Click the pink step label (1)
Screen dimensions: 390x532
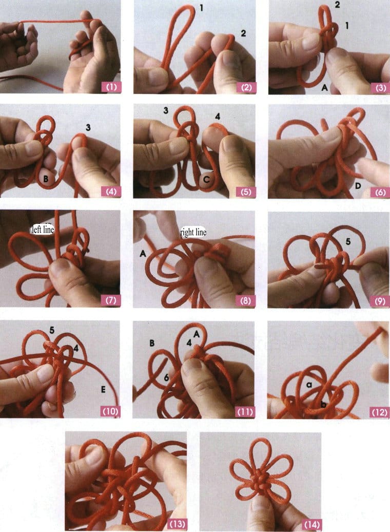(x=111, y=87)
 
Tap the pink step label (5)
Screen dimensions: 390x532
(x=246, y=192)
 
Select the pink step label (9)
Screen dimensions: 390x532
(x=380, y=301)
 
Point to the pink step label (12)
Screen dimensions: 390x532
(x=380, y=412)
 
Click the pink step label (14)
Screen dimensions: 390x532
(x=312, y=524)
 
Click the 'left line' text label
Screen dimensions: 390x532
(x=42, y=230)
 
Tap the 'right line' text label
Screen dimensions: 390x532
(x=193, y=233)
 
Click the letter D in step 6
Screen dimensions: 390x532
(x=358, y=185)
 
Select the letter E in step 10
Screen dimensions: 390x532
(x=103, y=389)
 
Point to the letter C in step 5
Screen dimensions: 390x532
(x=206, y=180)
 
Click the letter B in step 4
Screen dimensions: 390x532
(x=46, y=178)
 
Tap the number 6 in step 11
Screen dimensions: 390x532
(x=166, y=377)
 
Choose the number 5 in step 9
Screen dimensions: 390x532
(x=348, y=241)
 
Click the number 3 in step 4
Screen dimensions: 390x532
(x=88, y=127)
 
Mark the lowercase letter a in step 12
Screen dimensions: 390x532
(x=309, y=385)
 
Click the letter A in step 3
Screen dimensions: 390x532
(x=324, y=87)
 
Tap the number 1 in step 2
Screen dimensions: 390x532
(x=202, y=8)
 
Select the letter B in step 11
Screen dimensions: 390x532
(x=152, y=343)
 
